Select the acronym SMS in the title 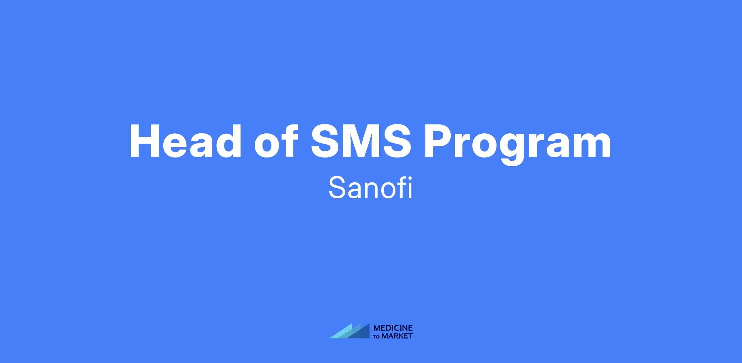(361, 141)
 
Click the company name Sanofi (371, 188)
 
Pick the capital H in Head (145, 141)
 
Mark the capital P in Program (439, 141)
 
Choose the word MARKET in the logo (397, 336)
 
